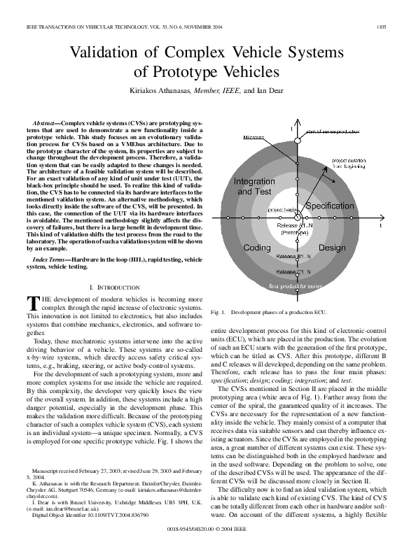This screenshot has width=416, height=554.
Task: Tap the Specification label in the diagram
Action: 330,206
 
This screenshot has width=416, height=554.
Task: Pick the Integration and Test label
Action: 254,186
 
